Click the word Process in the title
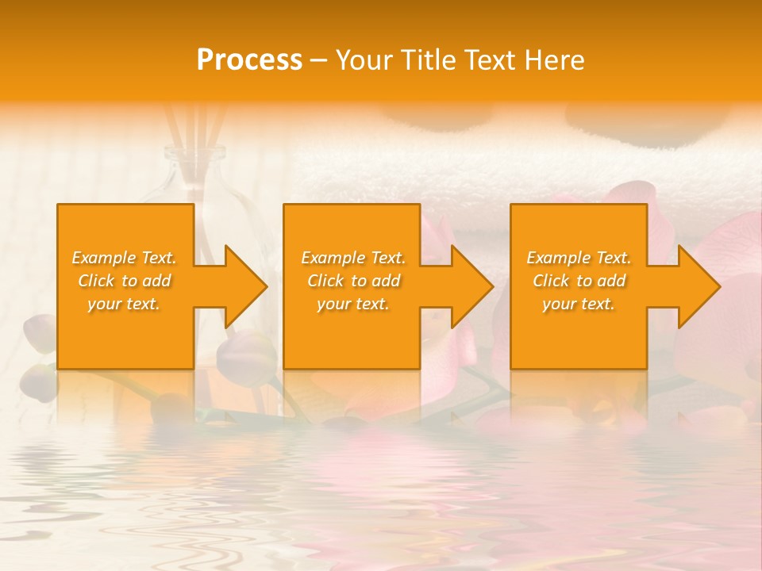[x=249, y=59]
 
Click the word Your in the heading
[x=364, y=59]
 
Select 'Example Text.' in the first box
[x=124, y=258]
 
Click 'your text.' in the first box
[x=124, y=304]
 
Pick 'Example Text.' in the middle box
[x=353, y=258]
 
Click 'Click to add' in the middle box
[x=353, y=281]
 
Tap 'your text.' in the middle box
[x=353, y=304]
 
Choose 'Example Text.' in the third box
[x=579, y=258]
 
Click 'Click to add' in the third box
[x=579, y=281]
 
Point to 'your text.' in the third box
[x=579, y=304]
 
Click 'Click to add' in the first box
[x=124, y=281]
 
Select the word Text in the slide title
[x=487, y=59]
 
